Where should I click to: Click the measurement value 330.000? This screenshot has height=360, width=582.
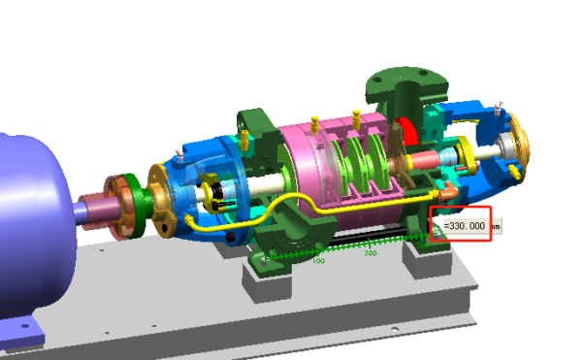coord(463,225)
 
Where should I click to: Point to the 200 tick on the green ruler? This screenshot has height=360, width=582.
coord(371,252)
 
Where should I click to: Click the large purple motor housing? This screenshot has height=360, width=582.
coord(29,223)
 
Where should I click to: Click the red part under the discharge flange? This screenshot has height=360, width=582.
coord(406,136)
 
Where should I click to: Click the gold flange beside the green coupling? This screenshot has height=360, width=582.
coord(160,199)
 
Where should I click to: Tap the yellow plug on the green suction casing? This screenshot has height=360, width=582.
coord(244,141)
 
